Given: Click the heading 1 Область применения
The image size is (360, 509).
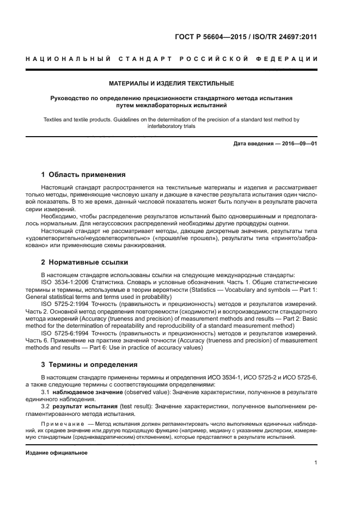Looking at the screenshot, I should click(x=83, y=175).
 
